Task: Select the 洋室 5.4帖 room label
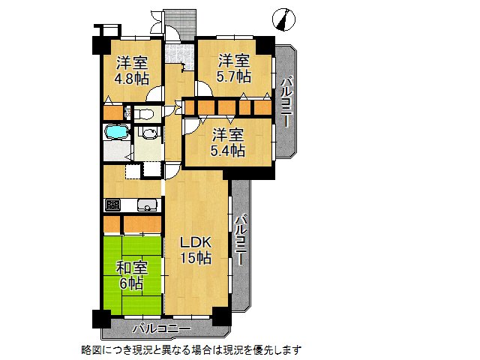click(x=226, y=142)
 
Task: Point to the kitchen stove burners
click(x=113, y=205)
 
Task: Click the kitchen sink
click(x=146, y=204)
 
